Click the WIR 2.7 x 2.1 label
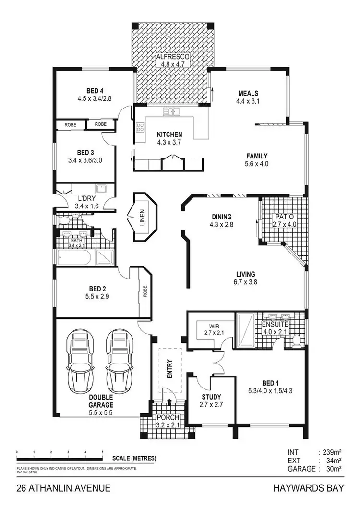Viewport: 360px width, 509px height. click(209, 329)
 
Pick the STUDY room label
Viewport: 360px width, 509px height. click(211, 397)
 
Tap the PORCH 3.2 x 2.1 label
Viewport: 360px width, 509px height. click(168, 421)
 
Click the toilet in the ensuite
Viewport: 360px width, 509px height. click(296, 340)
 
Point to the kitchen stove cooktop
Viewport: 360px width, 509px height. click(141, 127)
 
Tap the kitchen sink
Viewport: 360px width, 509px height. click(171, 112)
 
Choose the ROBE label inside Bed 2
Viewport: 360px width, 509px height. click(144, 291)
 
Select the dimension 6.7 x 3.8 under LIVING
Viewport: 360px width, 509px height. click(245, 282)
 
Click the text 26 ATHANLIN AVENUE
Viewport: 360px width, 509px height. click(63, 489)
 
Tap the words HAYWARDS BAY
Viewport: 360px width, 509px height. click(308, 489)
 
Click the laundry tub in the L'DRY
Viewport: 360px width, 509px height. click(102, 189)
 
